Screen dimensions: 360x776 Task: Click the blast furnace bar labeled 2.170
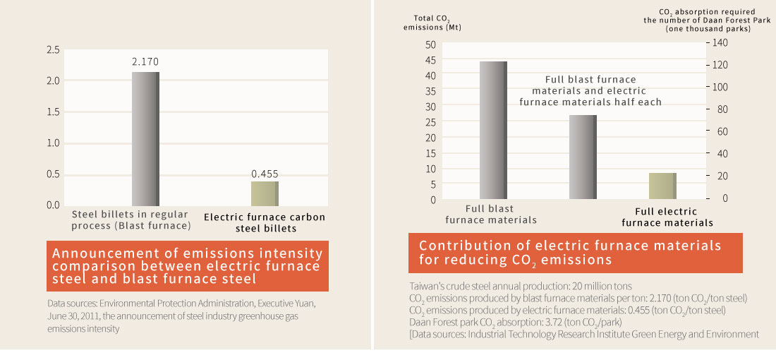[x=145, y=138]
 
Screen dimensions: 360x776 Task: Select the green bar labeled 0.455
[x=265, y=193]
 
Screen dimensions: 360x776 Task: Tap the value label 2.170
[x=145, y=62]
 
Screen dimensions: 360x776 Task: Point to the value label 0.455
[x=265, y=173]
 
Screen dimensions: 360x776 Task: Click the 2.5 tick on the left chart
[x=52, y=50]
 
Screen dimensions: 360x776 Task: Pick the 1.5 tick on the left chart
[x=52, y=112]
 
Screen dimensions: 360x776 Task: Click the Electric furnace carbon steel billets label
[x=265, y=223]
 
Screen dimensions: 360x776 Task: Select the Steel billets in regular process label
[x=131, y=220]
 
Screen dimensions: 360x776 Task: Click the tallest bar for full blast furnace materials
[x=493, y=130]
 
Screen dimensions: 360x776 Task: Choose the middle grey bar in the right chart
[x=583, y=157]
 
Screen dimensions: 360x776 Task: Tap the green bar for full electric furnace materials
[x=662, y=186]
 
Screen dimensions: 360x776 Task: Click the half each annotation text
[x=590, y=91]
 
